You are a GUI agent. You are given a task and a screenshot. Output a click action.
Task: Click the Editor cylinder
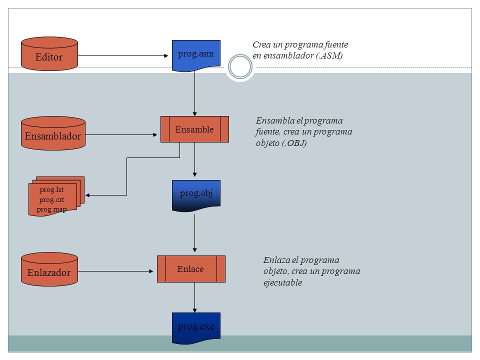pos(49,54)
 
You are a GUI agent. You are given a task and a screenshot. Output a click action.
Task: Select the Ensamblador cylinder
pos(53,133)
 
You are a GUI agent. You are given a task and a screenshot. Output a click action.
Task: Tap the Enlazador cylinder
pos(49,269)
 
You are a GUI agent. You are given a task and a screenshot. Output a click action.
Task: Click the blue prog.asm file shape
pos(196,55)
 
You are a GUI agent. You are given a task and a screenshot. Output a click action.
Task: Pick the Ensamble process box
pos(194,129)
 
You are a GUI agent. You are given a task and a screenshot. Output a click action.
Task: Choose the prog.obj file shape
pos(196,196)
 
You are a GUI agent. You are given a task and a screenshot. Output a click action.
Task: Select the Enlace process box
pos(191,269)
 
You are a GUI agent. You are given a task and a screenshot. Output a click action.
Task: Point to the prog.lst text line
pos(51,190)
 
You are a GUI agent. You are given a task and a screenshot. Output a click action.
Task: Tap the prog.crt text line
pos(51,199)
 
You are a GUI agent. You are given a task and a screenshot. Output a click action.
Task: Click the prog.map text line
pos(51,209)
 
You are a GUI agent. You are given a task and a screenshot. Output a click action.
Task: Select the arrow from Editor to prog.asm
pos(123,55)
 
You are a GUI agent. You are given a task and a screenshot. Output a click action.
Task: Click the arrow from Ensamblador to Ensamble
pos(121,134)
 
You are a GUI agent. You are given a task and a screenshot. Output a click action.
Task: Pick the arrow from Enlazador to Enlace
pos(115,271)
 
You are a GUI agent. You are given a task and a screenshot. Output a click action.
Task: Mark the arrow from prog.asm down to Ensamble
pos(194,93)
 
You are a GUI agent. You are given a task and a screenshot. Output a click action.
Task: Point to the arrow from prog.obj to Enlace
pos(194,233)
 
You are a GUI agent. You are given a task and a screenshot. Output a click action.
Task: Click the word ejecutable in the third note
pos(283,282)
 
